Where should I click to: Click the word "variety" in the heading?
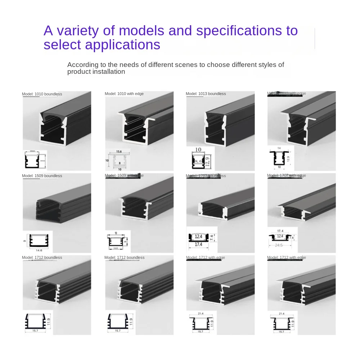77,31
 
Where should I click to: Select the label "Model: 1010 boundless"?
42,94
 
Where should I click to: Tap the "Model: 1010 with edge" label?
124,94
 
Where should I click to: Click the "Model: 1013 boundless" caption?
206,94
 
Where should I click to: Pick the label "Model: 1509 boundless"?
42,176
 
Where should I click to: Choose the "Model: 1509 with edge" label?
124,176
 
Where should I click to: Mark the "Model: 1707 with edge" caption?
287,176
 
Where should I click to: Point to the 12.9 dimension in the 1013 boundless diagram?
210,158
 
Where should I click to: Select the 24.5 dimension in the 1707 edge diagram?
279,245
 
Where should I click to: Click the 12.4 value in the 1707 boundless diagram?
199,237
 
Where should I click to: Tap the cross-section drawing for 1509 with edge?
117,241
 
